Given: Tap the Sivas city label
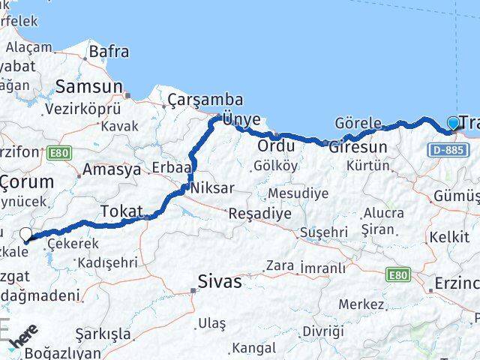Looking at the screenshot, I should [x=220, y=282].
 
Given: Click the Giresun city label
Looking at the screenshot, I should [x=358, y=147].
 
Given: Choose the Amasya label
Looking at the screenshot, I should [x=112, y=169].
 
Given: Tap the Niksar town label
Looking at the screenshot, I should [x=213, y=187].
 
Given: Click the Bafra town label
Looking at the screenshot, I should [x=109, y=52].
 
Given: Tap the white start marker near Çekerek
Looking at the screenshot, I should [x=27, y=235].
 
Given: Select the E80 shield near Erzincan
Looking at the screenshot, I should [x=398, y=275].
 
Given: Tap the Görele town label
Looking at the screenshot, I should [x=358, y=123].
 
